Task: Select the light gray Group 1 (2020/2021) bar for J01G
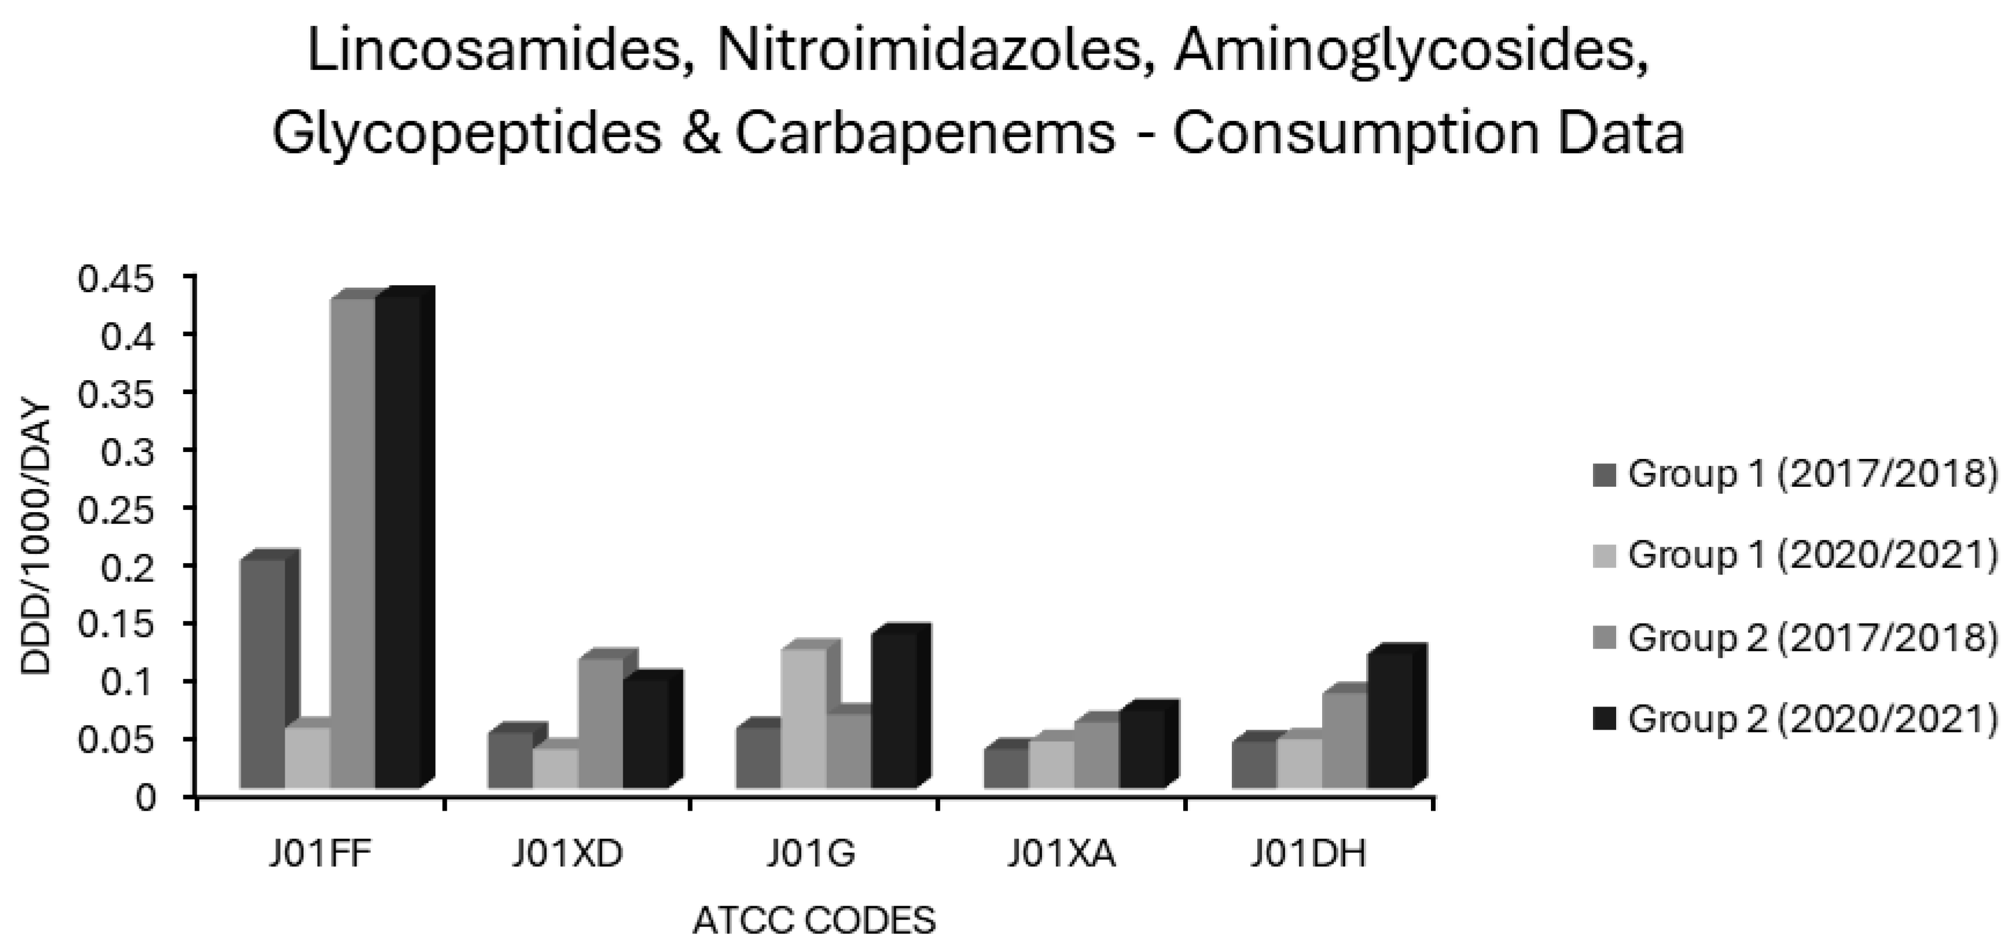coord(803,718)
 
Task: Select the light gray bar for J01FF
coord(307,757)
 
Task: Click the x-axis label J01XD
coord(568,855)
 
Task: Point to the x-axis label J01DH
coord(1309,855)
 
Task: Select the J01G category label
coord(811,855)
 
